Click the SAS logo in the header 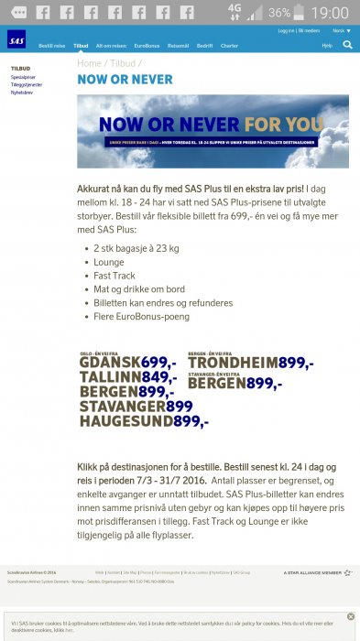pyautogui.click(x=16, y=38)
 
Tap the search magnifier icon pyautogui.click(x=347, y=44)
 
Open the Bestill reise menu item pyautogui.click(x=51, y=45)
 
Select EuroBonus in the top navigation pyautogui.click(x=147, y=45)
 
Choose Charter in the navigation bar pyautogui.click(x=229, y=45)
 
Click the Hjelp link pyautogui.click(x=327, y=45)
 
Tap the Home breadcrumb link pyautogui.click(x=90, y=63)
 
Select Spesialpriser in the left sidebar pyautogui.click(x=24, y=77)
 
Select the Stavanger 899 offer pyautogui.click(x=136, y=406)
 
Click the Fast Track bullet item pyautogui.click(x=114, y=275)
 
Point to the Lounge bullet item pyautogui.click(x=109, y=261)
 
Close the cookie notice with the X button pyautogui.click(x=350, y=616)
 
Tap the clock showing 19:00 pyautogui.click(x=331, y=13)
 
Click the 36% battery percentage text pyautogui.click(x=279, y=13)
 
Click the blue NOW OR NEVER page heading pyautogui.click(x=125, y=80)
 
